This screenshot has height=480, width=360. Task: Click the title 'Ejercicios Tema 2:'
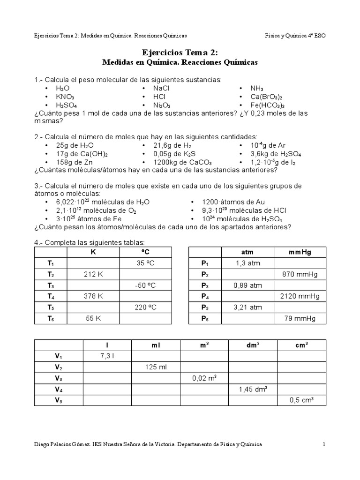[x=180, y=52]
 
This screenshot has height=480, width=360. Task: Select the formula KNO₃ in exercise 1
[x=65, y=97]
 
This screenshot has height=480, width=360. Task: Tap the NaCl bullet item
[x=162, y=88]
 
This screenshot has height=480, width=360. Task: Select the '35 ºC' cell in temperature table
[x=145, y=263]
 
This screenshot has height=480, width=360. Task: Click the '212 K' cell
[x=94, y=274]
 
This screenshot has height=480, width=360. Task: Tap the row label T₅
[x=51, y=307]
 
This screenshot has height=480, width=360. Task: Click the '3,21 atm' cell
[x=248, y=307]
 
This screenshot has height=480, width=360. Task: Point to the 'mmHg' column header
[x=300, y=252]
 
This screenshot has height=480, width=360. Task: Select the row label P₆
[x=204, y=319]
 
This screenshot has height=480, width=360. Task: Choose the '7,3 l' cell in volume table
[x=107, y=356]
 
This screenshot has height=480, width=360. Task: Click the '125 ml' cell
[x=156, y=367]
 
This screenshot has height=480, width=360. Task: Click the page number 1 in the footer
[x=323, y=444]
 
